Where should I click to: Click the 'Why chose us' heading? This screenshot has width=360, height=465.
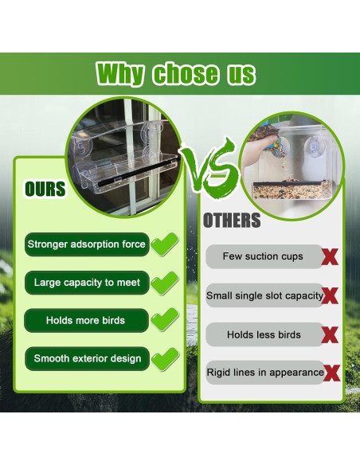[x=175, y=74]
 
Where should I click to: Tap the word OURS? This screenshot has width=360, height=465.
[x=45, y=189]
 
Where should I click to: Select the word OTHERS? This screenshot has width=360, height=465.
[x=232, y=221]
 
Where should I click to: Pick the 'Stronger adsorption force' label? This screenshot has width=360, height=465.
[x=87, y=244]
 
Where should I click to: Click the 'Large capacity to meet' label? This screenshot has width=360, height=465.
[x=87, y=283]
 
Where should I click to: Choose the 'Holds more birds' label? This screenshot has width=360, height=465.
[x=86, y=320]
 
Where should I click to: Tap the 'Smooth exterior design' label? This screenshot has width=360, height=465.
[x=87, y=358]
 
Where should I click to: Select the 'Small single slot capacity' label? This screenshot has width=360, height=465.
[x=264, y=295]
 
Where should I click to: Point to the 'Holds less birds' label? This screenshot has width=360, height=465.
[x=264, y=334]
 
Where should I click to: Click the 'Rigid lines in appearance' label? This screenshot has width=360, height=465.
[x=265, y=373]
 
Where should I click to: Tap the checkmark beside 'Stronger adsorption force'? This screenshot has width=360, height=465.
[x=165, y=244]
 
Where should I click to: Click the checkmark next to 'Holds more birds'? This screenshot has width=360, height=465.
[x=165, y=319]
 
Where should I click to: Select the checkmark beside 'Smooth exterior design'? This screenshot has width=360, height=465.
[x=165, y=359]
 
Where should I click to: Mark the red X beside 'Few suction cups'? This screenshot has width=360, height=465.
[x=330, y=257]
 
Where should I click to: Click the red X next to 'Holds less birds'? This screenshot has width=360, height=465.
[x=330, y=334]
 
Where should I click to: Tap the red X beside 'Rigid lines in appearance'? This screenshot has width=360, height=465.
[x=332, y=373]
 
